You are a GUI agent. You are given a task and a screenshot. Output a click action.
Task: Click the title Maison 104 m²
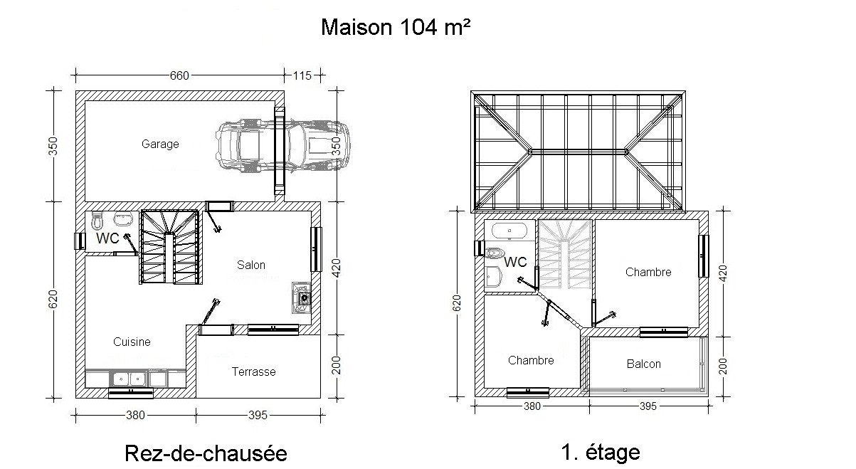click(x=396, y=27)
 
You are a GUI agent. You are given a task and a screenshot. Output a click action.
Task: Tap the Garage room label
click(x=160, y=144)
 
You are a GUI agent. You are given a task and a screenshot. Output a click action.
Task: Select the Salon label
click(x=251, y=265)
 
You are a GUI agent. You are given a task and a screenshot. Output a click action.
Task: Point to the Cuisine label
click(x=132, y=342)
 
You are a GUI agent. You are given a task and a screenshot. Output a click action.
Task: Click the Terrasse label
click(x=254, y=371)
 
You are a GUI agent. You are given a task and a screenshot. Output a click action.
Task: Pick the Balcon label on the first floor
click(x=644, y=364)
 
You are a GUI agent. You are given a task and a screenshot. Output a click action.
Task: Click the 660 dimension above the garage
click(x=179, y=75)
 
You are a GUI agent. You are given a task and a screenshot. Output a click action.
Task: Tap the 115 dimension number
click(x=302, y=75)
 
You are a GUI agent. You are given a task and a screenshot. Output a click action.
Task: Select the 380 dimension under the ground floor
click(x=135, y=415)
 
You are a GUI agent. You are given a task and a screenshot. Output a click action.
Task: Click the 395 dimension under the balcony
click(x=648, y=406)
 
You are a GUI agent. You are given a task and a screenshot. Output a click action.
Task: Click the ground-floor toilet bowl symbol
click(x=97, y=220)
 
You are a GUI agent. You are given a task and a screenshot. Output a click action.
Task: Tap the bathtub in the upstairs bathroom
click(x=509, y=231)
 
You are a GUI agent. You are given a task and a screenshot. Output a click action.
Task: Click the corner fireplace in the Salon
click(x=302, y=297)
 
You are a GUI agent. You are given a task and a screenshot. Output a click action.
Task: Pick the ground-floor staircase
click(x=170, y=247)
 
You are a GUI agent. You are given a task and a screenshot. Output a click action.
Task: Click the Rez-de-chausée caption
click(x=206, y=453)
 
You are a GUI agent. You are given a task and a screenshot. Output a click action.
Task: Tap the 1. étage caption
click(x=601, y=453)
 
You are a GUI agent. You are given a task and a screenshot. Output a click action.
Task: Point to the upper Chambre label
click(x=648, y=272)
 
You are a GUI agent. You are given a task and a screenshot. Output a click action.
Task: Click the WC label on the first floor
click(x=515, y=262)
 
